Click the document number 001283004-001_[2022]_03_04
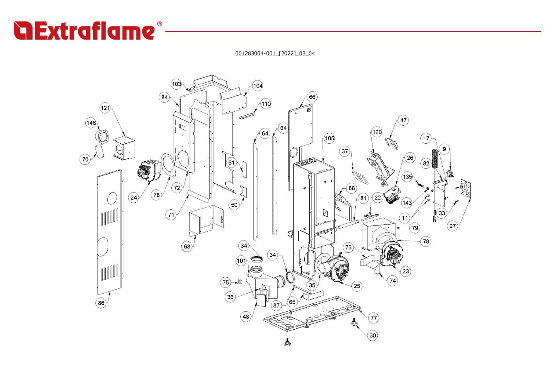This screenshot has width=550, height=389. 275,54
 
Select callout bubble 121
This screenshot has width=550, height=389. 105,108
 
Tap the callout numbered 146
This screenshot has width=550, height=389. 91,123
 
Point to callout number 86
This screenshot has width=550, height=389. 101,303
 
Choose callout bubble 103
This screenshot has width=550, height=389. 177,84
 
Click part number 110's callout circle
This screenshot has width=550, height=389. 266,104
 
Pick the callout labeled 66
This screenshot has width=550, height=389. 312,97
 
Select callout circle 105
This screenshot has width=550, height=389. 330,138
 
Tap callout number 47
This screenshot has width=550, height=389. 403,120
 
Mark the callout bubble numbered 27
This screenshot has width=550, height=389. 452,226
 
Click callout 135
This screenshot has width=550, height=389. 407,177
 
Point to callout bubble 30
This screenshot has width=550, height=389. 373,335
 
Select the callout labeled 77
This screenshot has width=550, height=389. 374,318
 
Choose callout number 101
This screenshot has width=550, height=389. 241,261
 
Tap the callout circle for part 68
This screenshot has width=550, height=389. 187,246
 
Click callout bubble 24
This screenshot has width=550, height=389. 134,198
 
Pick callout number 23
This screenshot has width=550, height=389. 406,271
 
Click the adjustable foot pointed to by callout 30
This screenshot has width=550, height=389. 355,323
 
